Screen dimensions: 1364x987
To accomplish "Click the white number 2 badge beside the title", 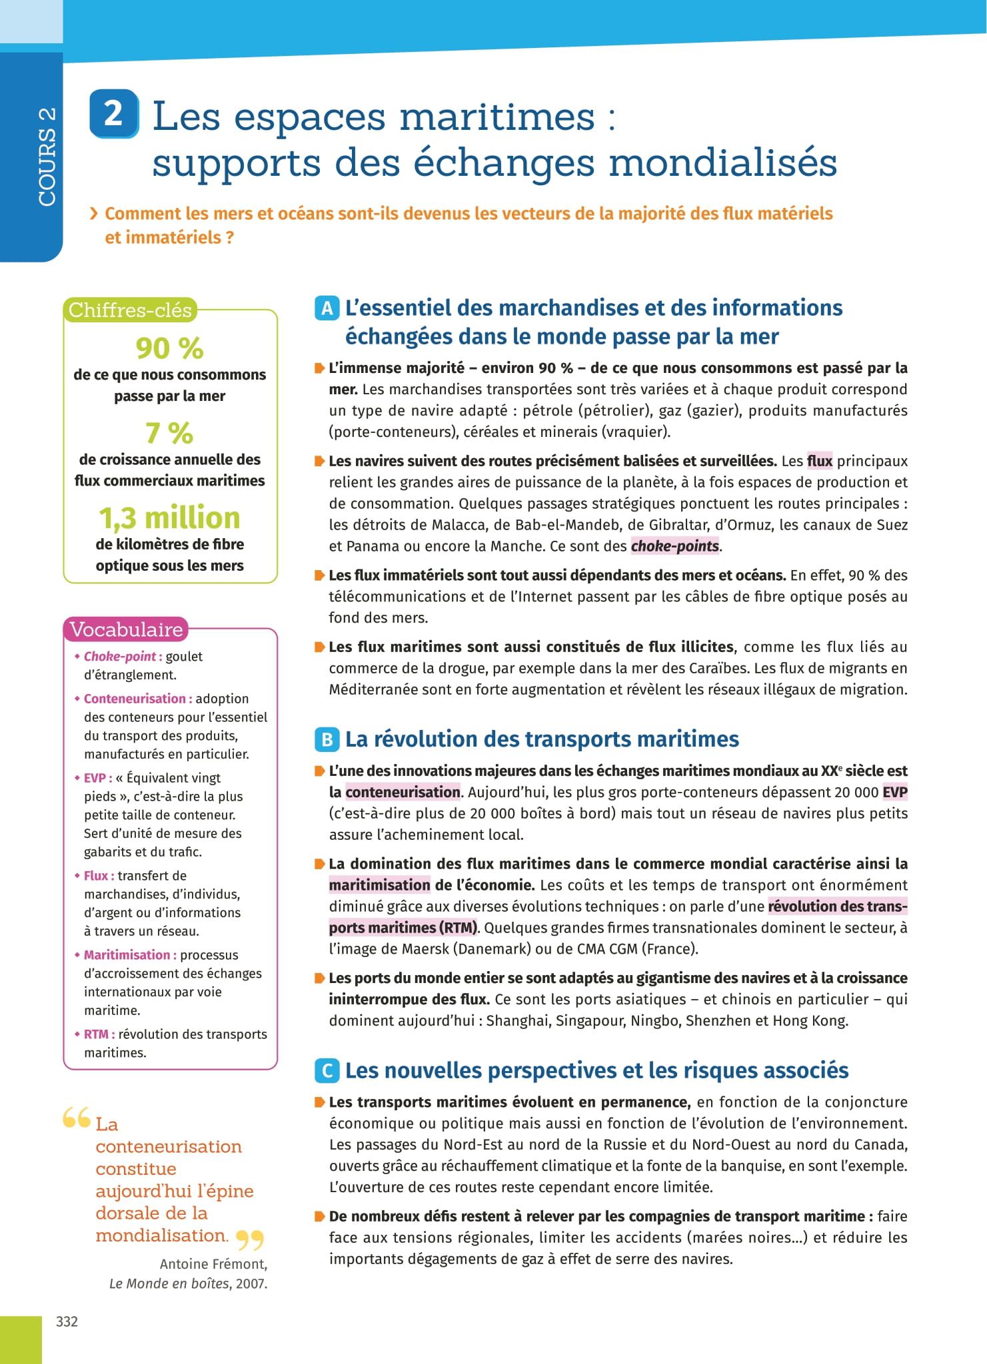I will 113,114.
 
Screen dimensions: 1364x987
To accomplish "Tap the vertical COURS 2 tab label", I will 47,156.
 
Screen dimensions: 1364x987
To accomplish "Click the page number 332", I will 67,1321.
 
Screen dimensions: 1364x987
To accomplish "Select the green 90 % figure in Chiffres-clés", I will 169,348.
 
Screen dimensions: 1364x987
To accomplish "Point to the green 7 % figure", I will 169,433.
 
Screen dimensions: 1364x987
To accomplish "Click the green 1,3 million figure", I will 169,517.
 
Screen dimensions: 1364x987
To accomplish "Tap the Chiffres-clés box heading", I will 130,310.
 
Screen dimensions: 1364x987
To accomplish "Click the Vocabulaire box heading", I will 126,629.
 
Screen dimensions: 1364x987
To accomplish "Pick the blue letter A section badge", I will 327,308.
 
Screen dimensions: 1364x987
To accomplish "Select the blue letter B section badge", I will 327,739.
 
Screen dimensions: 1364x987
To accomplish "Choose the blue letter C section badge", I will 327,1071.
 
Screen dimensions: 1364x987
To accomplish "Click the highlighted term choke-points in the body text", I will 674,547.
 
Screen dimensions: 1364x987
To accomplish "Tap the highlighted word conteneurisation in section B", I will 403,792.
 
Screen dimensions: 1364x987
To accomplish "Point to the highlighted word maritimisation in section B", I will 379,885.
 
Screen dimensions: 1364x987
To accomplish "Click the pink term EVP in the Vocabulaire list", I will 95,778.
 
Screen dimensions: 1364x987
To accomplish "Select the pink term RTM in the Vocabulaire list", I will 96,1034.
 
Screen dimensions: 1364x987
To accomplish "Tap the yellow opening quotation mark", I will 76,1118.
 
